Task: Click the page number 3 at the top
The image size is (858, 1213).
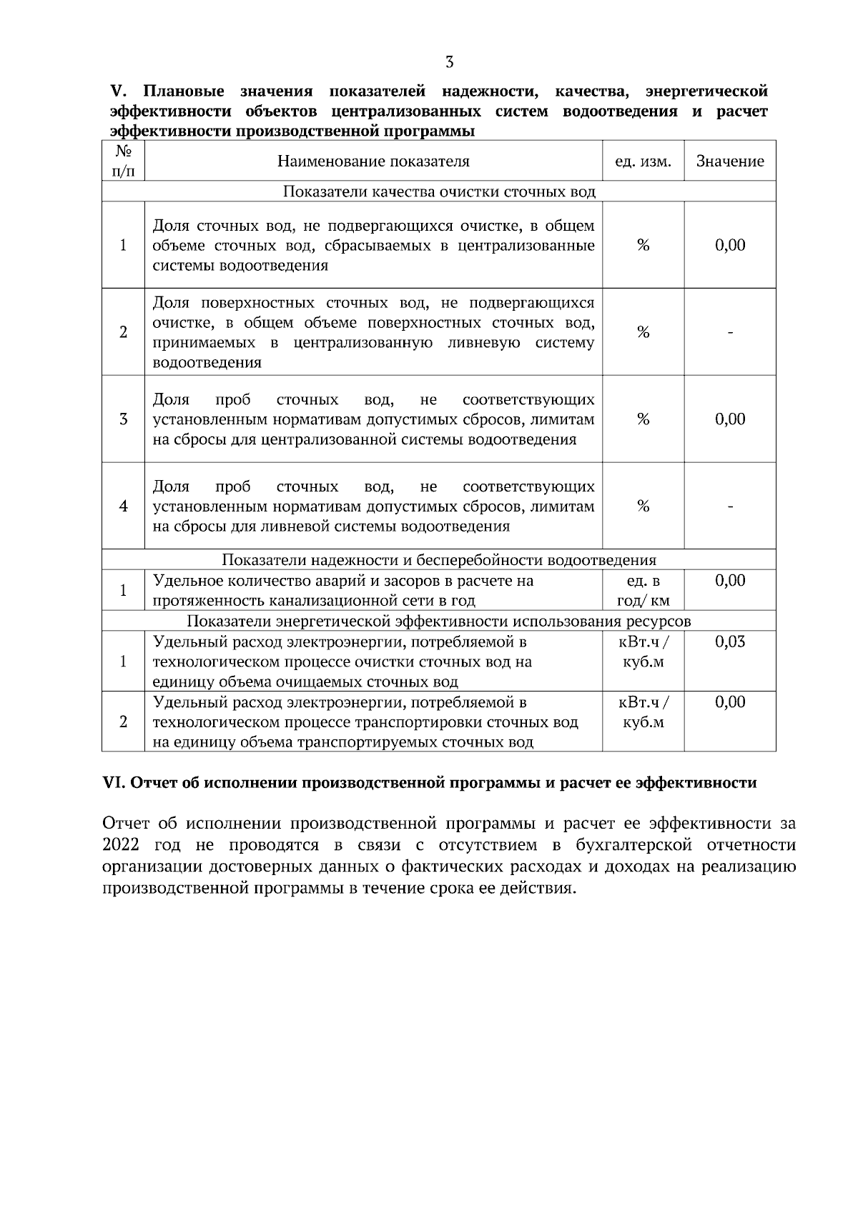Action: [x=449, y=62]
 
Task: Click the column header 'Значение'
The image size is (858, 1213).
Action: [x=730, y=161]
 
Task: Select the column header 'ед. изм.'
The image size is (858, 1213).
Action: [x=643, y=161]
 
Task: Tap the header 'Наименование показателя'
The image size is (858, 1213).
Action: [x=373, y=161]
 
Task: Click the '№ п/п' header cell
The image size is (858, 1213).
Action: [x=123, y=161]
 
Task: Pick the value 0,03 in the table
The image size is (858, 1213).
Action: [x=730, y=642]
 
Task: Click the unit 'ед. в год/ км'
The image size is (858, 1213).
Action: [x=643, y=590]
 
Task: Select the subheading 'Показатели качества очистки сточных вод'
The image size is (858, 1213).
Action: [x=439, y=191]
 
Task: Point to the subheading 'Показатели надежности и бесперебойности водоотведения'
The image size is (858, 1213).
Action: [x=439, y=560]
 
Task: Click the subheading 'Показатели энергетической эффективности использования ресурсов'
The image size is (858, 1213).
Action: [x=439, y=621]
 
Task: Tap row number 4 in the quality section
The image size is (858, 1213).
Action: [x=123, y=506]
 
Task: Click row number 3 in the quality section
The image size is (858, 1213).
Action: [x=123, y=419]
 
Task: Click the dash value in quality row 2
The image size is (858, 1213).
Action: [x=730, y=332]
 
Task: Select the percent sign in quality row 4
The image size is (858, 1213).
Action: [x=643, y=506]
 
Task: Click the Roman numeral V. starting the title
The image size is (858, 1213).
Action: [x=118, y=91]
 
